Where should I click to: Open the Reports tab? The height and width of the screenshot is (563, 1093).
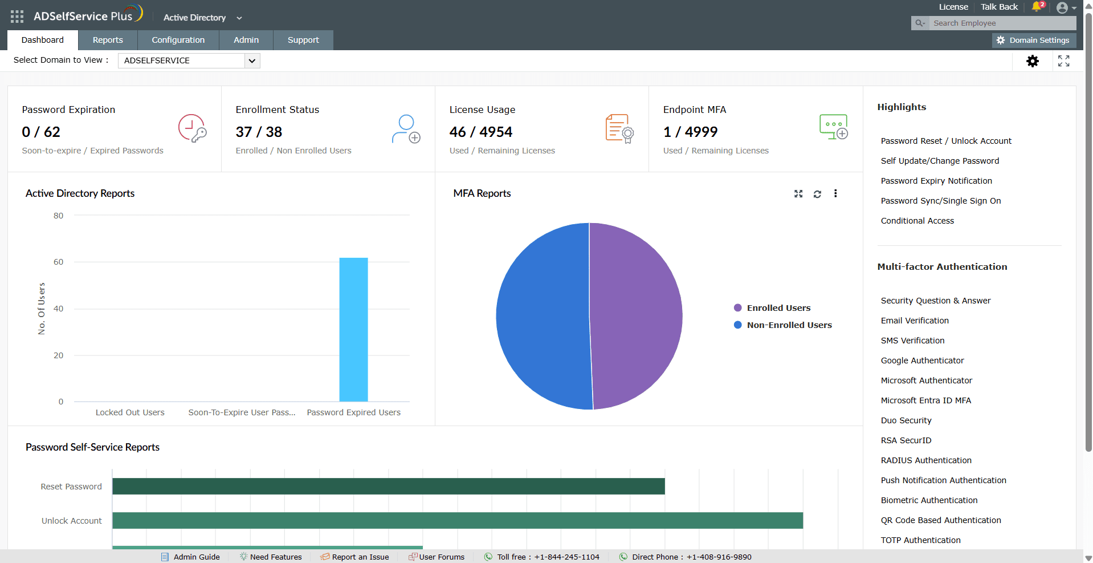(108, 40)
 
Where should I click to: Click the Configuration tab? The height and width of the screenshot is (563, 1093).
(178, 40)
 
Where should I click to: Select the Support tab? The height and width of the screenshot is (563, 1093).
(303, 40)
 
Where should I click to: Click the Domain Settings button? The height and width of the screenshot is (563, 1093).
(1034, 40)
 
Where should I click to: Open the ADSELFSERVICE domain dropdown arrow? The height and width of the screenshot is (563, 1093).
(252, 60)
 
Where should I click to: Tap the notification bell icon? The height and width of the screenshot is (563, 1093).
(1037, 7)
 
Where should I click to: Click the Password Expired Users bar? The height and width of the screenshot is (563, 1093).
(353, 330)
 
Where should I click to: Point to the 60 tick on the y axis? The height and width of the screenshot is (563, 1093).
(58, 262)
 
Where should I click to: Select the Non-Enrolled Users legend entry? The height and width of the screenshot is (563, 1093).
(783, 325)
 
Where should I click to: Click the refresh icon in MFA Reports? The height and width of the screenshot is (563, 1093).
(817, 194)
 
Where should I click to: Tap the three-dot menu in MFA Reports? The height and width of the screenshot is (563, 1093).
(835, 193)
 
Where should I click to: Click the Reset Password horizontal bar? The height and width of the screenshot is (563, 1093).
(389, 486)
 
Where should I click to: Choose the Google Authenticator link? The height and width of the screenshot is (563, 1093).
(922, 361)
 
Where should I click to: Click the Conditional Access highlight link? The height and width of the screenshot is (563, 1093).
(917, 221)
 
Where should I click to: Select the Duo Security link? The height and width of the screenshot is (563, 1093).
(906, 420)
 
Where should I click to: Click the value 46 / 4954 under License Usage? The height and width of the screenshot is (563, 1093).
(481, 132)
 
